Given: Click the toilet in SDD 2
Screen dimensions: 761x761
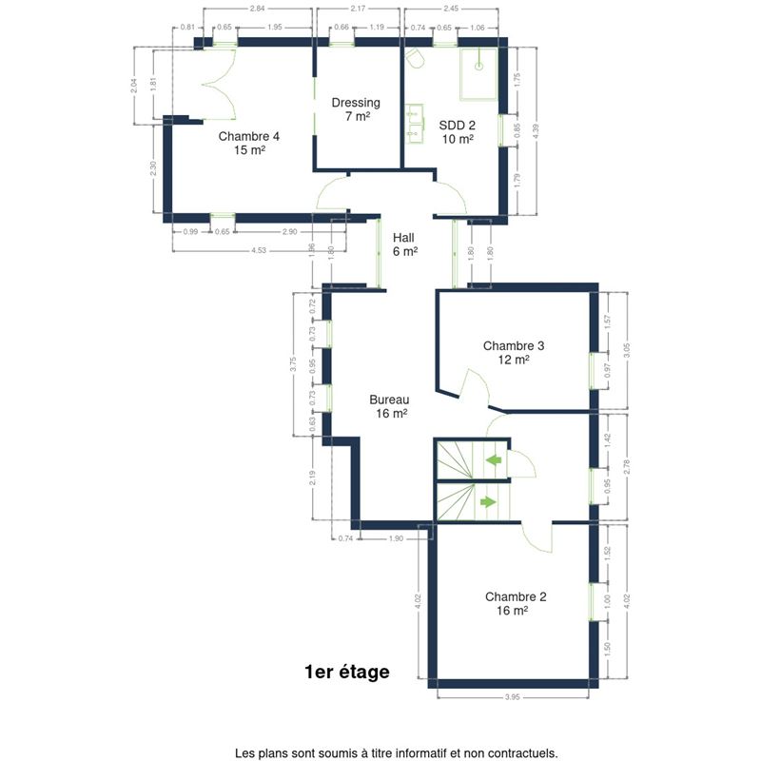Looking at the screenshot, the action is pos(414,58).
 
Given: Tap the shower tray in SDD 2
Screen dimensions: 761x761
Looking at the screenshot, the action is pos(479,74).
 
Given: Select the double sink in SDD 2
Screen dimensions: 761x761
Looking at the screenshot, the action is pos(415,124).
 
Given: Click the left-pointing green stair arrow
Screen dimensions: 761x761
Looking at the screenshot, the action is pos(494,459).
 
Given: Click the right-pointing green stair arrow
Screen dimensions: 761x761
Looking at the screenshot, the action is pos(488,502).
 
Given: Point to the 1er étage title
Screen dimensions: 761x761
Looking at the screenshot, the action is pos(347,672).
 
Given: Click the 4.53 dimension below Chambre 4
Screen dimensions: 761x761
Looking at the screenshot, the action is pos(259,250).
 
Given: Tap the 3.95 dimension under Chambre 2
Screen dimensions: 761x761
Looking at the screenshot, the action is pos(513,697).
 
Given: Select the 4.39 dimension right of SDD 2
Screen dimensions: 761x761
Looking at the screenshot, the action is pos(536,131).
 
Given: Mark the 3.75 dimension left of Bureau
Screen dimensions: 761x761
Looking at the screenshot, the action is pos(292,364).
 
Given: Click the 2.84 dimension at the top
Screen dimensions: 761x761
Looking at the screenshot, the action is pos(257,9).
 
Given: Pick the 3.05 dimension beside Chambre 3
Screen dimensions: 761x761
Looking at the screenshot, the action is pos(627,351).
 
